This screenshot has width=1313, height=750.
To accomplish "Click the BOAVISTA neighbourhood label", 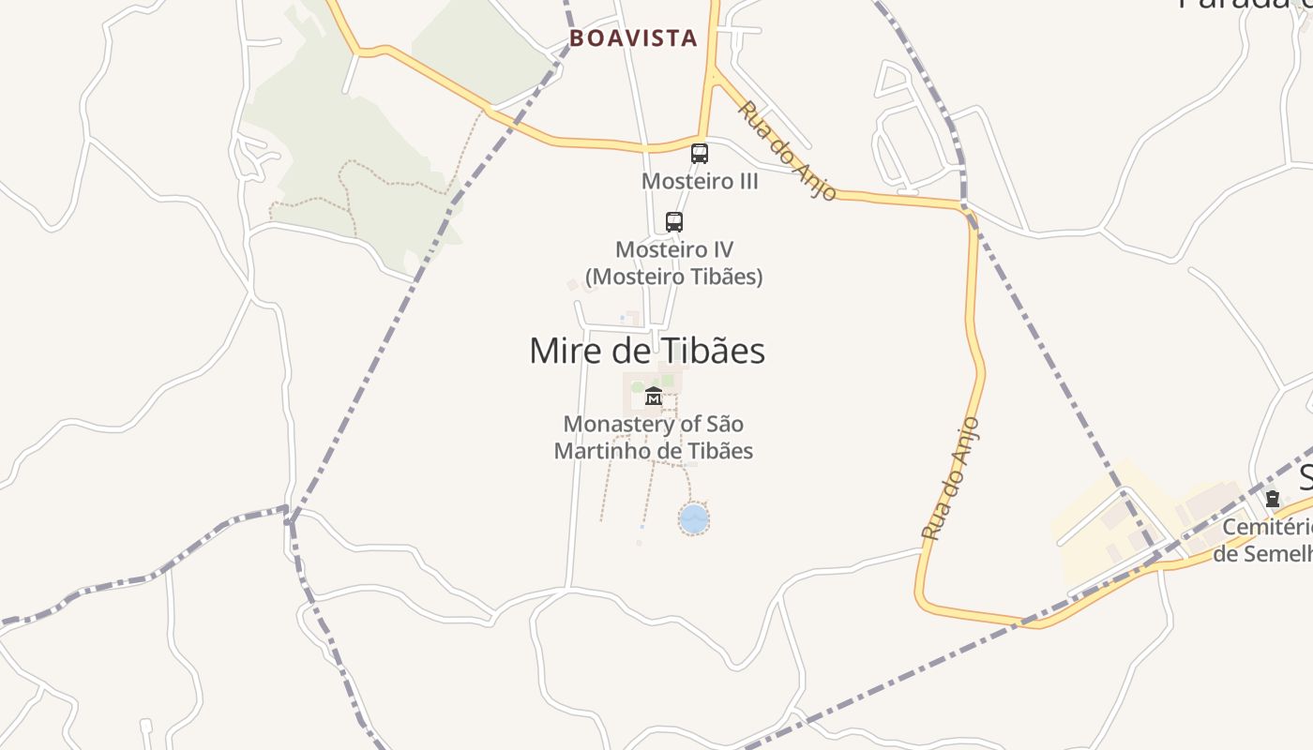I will pyautogui.click(x=634, y=38).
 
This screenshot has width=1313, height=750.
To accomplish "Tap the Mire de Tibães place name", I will pyautogui.click(x=647, y=351).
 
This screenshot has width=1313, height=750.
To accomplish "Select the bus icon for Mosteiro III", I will pyautogui.click(x=700, y=154).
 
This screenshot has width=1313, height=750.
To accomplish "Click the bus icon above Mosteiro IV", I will pyautogui.click(x=674, y=222).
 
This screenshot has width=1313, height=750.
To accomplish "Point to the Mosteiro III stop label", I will pyautogui.click(x=700, y=181).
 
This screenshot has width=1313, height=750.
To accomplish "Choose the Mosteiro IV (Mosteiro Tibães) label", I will pyautogui.click(x=673, y=263).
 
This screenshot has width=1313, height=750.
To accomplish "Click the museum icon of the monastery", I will pyautogui.click(x=654, y=397).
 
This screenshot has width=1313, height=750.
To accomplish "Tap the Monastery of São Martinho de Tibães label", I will pyautogui.click(x=654, y=437).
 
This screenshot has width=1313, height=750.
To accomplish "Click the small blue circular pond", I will pyautogui.click(x=693, y=518).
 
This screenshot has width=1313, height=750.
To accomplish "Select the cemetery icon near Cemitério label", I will pyautogui.click(x=1273, y=499).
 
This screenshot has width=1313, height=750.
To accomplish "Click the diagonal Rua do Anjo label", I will pyautogui.click(x=786, y=151).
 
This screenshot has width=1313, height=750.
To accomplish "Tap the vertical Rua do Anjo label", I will pyautogui.click(x=950, y=478).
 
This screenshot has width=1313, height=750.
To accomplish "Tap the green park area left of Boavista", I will pyautogui.click(x=347, y=141).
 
